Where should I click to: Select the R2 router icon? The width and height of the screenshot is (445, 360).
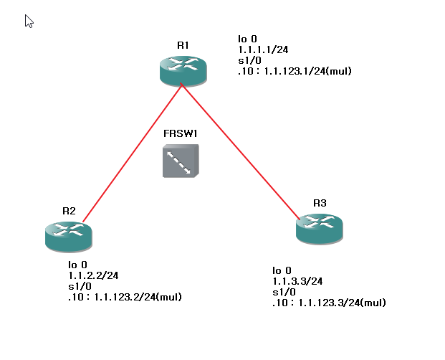click(68, 235)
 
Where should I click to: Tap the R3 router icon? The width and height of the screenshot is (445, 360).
click(319, 228)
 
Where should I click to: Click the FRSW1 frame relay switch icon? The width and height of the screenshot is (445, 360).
click(181, 161)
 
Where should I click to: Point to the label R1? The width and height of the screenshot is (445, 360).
click(183, 45)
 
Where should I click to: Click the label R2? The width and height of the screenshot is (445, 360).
click(69, 211)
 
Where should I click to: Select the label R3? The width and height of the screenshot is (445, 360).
click(320, 204)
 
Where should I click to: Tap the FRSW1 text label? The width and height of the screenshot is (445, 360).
click(180, 133)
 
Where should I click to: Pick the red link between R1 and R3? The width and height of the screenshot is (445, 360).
click(240, 151)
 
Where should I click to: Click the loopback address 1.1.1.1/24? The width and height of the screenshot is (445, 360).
click(263, 50)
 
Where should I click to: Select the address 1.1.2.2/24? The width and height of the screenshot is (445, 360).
click(93, 275)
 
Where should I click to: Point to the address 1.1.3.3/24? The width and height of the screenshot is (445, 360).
click(297, 281)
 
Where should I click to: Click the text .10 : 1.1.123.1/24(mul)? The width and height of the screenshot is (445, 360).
click(295, 72)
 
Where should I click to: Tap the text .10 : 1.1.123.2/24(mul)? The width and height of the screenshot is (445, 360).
click(125, 297)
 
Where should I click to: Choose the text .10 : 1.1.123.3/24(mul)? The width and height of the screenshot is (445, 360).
click(329, 303)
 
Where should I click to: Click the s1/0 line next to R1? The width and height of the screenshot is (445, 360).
click(249, 61)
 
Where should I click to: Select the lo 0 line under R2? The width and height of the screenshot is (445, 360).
click(77, 265)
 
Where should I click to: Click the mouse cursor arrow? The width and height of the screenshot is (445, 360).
click(29, 21)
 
